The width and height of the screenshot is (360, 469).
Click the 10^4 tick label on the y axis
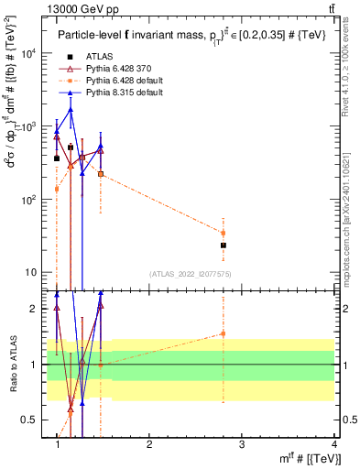31,52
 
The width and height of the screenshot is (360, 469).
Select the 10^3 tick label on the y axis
31,125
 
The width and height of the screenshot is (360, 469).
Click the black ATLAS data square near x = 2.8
223,245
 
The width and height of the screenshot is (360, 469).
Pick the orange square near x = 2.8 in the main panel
223,233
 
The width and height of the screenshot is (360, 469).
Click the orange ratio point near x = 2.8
223,333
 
